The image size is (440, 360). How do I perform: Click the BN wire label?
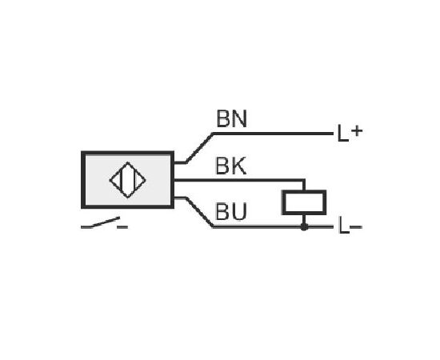pos(231,118)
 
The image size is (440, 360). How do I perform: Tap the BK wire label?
pos(230,166)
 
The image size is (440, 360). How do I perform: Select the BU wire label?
pos(231,211)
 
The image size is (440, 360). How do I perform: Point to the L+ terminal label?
pos(350,133)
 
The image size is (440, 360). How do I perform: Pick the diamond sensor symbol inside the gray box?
pos(128,180)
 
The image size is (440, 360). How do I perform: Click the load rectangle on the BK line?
pos(304,202)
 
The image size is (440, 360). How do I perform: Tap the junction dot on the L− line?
pos(304,227)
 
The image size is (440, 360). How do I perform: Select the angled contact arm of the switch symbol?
pos(105,222)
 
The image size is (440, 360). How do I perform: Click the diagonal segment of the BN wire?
pos(199,148)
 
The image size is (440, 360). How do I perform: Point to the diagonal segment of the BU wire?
pos(199,212)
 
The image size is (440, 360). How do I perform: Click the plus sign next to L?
pos(357,130)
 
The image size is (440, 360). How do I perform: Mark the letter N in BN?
pos(239,118)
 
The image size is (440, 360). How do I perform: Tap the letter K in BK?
pos(239,166)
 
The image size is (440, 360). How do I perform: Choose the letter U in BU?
pos(239,211)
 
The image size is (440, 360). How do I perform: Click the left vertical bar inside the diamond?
pos(122,180)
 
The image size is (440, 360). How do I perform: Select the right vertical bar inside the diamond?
pos(134,180)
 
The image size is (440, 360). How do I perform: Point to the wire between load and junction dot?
pos(304,219)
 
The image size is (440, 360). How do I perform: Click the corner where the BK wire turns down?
pos(304,180)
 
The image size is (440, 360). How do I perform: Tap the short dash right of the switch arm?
pos(122,226)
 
